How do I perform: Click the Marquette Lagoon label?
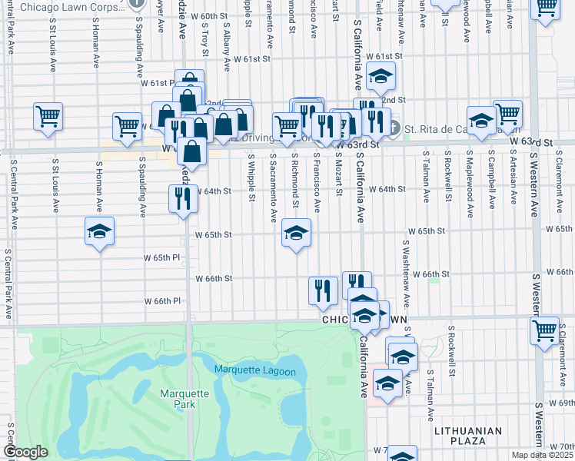click(254, 371)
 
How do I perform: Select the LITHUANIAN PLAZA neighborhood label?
click(467, 436)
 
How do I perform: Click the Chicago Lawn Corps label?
click(68, 8)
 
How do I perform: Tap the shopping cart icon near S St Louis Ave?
click(48, 117)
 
